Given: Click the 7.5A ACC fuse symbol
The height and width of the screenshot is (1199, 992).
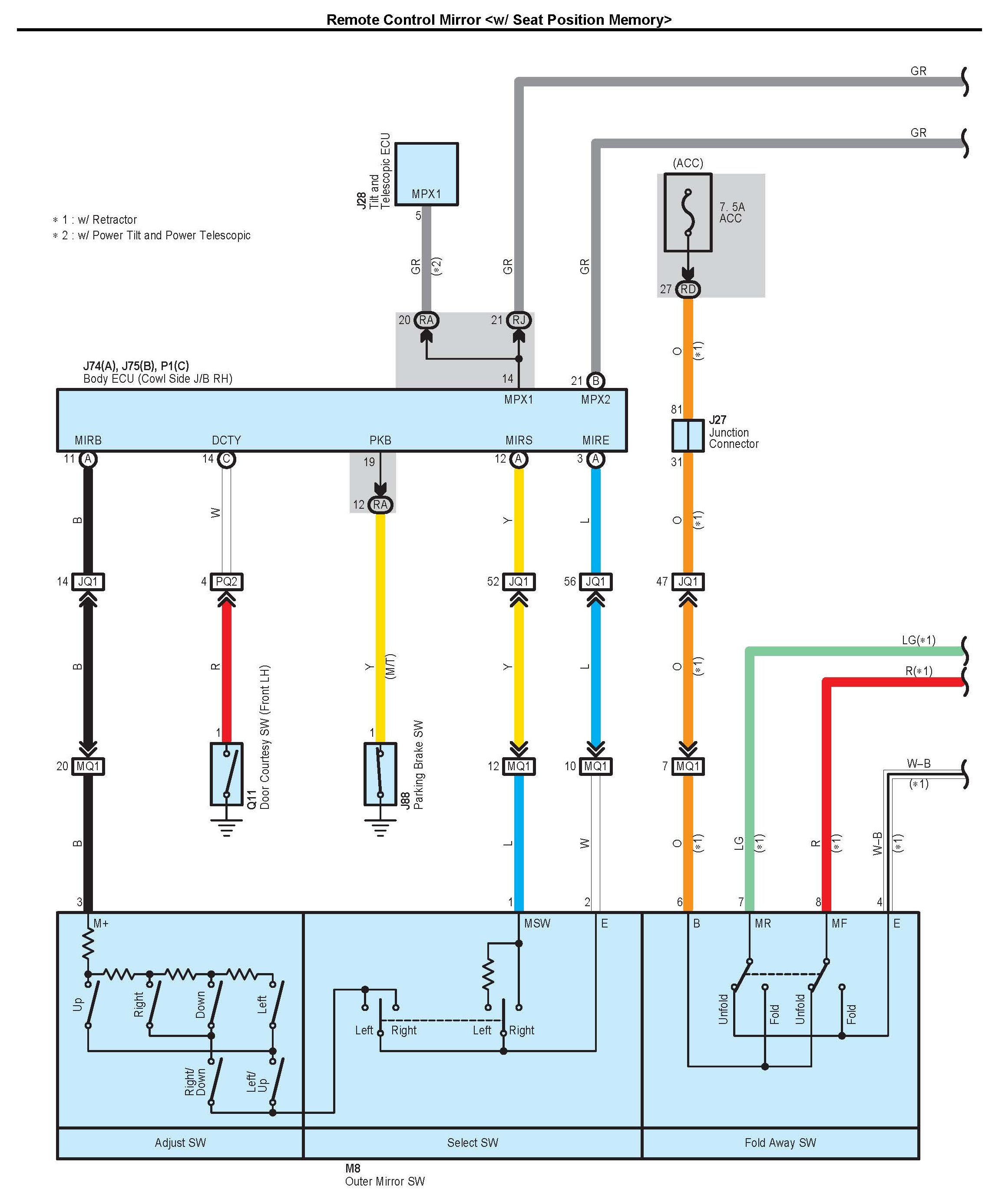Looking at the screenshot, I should pos(688,212).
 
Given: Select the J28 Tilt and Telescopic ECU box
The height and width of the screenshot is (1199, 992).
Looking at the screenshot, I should pos(427,174).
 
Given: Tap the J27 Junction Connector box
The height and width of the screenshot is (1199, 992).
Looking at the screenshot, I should pos(688,436).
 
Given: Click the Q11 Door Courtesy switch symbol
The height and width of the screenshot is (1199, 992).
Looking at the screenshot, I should pos(227,774).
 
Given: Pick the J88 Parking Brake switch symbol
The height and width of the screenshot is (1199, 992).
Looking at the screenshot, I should pos(380,774).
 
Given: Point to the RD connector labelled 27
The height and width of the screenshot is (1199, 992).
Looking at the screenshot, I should pos(688,289).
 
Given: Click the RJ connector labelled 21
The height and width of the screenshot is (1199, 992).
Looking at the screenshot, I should pos(519,320).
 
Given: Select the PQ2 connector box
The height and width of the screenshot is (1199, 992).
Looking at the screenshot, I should pos(227,582).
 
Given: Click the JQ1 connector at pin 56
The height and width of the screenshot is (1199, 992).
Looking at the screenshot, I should pos(595,582).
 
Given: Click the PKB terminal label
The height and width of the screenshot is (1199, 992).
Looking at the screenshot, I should pos(380,440).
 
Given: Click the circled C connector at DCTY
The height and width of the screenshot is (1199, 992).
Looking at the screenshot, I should pos(227,459).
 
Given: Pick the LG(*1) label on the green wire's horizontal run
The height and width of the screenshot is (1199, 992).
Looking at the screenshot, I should pos(918,640).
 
